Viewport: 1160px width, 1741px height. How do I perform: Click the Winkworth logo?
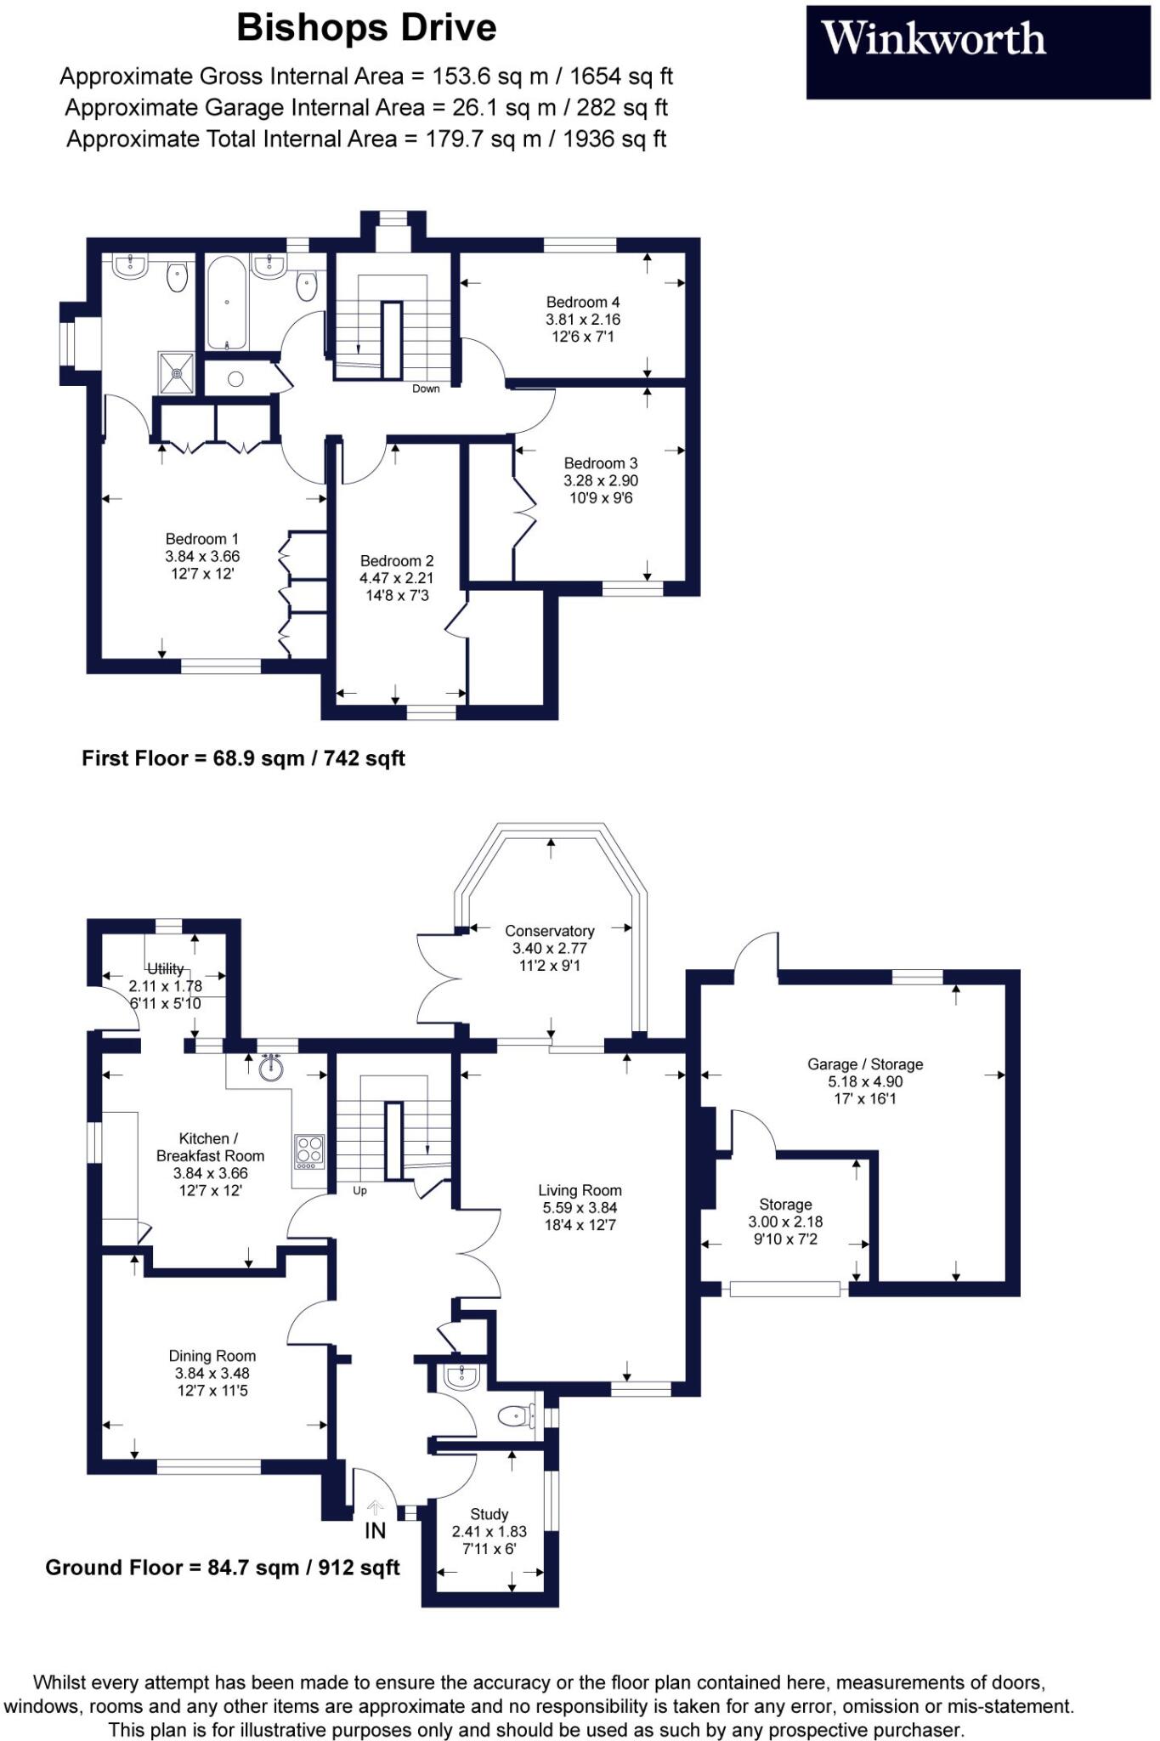978,52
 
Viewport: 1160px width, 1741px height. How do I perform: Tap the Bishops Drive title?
366,28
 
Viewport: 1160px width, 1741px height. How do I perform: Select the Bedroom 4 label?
583,302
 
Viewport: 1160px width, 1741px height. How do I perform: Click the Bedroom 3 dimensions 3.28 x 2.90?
601,480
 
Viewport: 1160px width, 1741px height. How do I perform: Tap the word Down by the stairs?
426,388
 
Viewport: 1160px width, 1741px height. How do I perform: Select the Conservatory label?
550,931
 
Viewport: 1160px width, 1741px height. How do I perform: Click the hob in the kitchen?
309,1151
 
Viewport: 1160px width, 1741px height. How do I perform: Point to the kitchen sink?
271,1069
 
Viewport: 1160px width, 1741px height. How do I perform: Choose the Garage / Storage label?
865,1064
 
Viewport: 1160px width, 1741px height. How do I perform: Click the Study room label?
489,1514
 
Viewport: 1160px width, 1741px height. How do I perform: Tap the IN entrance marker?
375,1530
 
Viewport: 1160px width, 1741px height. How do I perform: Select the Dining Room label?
212,1356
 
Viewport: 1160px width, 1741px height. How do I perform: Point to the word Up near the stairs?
360,1191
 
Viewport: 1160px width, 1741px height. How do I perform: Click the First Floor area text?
243,758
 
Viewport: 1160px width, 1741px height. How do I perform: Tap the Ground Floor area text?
223,1568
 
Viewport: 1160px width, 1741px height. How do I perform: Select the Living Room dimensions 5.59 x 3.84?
580,1208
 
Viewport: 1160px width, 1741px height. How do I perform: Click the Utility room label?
166,968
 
